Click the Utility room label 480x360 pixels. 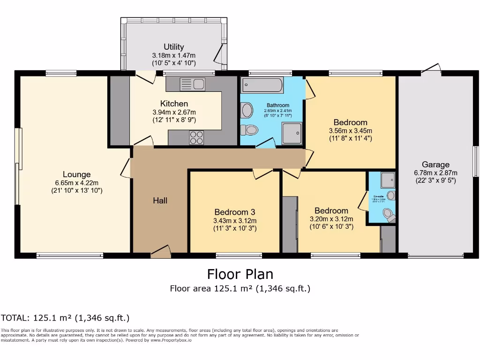[x=173, y=47]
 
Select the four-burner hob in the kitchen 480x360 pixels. [x=196, y=137]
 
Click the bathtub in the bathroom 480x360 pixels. [x=262, y=85]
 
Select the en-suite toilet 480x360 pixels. [x=389, y=215]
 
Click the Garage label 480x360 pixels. [x=435, y=165]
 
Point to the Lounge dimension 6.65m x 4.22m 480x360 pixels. [x=77, y=183]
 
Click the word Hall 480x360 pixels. [x=160, y=201]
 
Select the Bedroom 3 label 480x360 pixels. [x=234, y=212]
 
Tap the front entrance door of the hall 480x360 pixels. [x=161, y=253]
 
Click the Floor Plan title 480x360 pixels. [x=240, y=274]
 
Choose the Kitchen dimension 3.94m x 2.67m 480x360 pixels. [x=174, y=112]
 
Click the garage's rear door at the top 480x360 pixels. [x=431, y=69]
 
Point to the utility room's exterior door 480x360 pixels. [x=219, y=54]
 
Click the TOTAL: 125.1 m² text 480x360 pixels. [x=65, y=318]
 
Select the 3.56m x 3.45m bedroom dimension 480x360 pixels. [x=350, y=130]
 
